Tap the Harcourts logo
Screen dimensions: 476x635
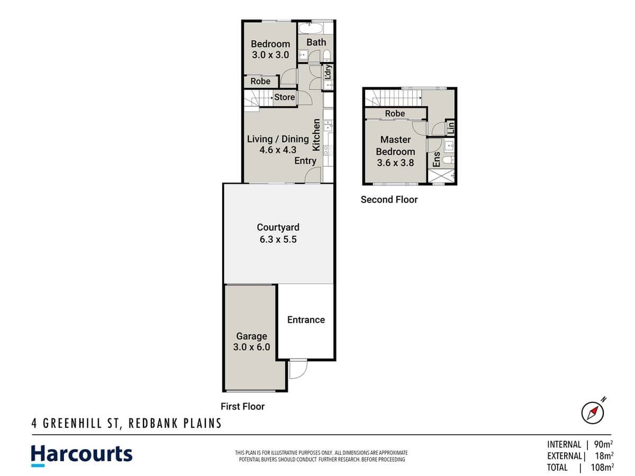pos(81,455)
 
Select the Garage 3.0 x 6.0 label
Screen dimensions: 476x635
pos(251,342)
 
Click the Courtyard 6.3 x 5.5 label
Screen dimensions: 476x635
pos(278,233)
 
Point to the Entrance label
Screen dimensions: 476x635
pos(306,319)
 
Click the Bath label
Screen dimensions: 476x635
pos(316,42)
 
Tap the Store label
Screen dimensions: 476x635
pos(284,97)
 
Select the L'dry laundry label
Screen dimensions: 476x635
pos(328,71)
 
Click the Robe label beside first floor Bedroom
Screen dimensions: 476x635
pos(260,81)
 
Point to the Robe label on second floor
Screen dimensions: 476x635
pos(395,113)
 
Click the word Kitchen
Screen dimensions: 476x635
pos(316,133)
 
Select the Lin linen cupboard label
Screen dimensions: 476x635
pos(450,127)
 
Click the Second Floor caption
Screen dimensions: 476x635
pos(389,199)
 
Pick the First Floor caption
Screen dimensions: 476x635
pos(242,406)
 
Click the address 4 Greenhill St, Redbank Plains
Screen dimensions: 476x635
pos(125,424)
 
